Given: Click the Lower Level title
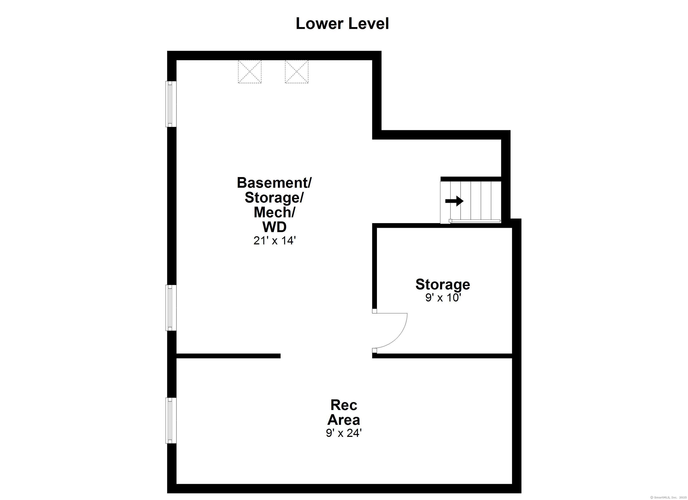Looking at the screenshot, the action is pos(342,24).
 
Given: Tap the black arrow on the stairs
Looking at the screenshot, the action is pos(454,201).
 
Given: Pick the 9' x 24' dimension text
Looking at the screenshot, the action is pos(344,433).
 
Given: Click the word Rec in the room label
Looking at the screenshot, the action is pos(344,405).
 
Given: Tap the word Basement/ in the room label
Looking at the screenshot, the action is pos(274,183).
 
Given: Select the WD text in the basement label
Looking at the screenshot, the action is pos(274,227).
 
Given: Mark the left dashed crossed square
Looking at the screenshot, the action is pos(250,72).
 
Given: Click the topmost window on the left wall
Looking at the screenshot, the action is pos(171,104).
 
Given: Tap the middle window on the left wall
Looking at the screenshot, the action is pos(171,308).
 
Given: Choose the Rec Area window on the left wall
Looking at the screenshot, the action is pos(171,421).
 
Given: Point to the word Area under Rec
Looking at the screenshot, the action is pos(344,420).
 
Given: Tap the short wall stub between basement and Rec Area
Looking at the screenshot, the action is pos(228,356).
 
